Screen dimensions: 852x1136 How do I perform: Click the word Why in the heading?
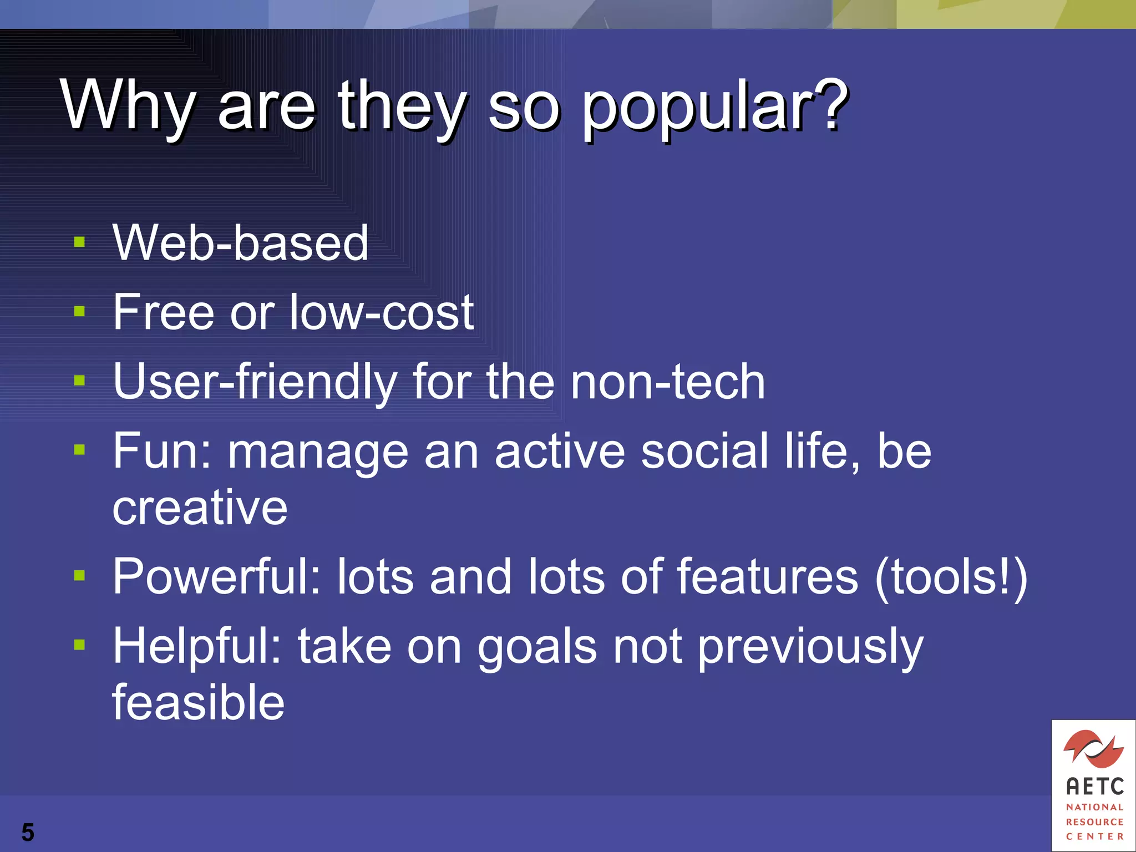(128, 105)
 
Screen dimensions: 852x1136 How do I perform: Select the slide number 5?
(28, 833)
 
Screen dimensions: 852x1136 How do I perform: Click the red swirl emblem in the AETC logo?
(1093, 749)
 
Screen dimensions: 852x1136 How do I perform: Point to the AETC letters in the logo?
(1094, 787)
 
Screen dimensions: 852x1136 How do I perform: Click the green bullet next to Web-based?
(79, 242)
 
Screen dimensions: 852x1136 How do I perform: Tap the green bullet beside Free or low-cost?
(79, 311)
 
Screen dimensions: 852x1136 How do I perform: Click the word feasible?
(199, 703)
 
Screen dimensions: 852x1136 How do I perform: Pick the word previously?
(810, 647)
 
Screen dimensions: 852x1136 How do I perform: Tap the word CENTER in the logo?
(1094, 836)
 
